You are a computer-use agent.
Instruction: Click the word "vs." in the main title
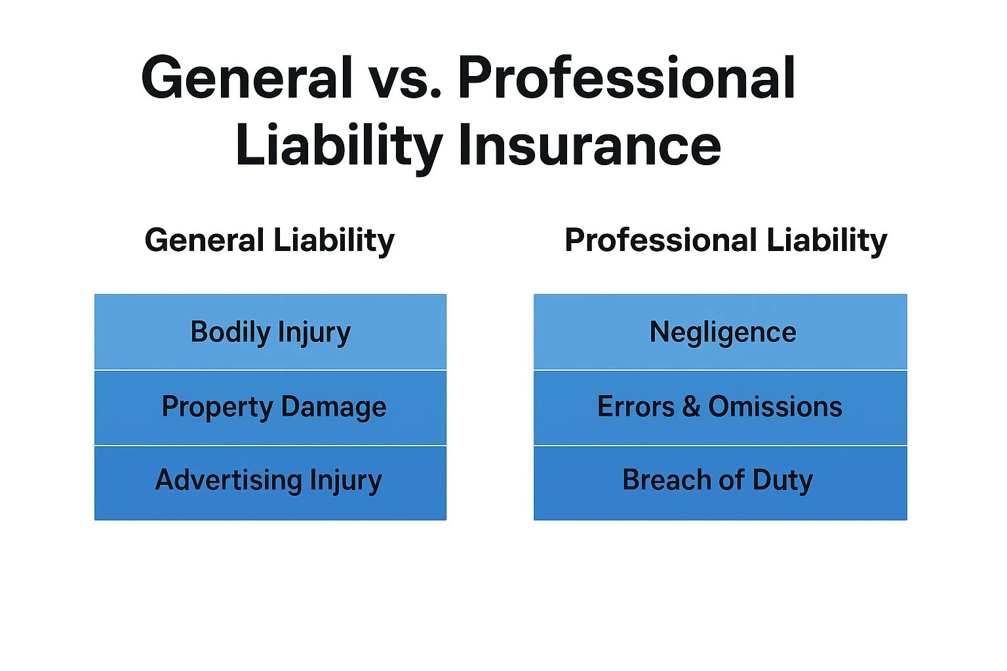pyautogui.click(x=404, y=79)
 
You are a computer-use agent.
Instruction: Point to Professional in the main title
pyautogui.click(x=626, y=79)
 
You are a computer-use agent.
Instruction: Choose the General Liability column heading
pyautogui.click(x=269, y=240)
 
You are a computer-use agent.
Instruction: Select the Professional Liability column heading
pyautogui.click(x=726, y=240)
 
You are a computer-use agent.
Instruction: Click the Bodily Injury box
pyautogui.click(x=270, y=332)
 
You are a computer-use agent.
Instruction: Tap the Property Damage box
pyautogui.click(x=270, y=408)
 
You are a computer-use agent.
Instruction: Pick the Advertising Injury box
pyautogui.click(x=270, y=482)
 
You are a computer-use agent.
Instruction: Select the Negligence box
pyautogui.click(x=721, y=332)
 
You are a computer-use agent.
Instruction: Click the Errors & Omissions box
pyautogui.click(x=721, y=408)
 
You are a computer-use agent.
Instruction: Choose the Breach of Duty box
pyautogui.click(x=721, y=482)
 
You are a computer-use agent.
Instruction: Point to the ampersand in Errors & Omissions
pyautogui.click(x=691, y=407)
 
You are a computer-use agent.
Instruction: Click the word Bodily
pyautogui.click(x=230, y=332)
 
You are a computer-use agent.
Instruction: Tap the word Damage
pyautogui.click(x=334, y=408)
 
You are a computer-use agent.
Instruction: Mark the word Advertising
pyautogui.click(x=228, y=480)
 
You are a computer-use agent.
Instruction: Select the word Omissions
pyautogui.click(x=775, y=407)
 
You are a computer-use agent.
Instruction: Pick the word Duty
pyautogui.click(x=782, y=480)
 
